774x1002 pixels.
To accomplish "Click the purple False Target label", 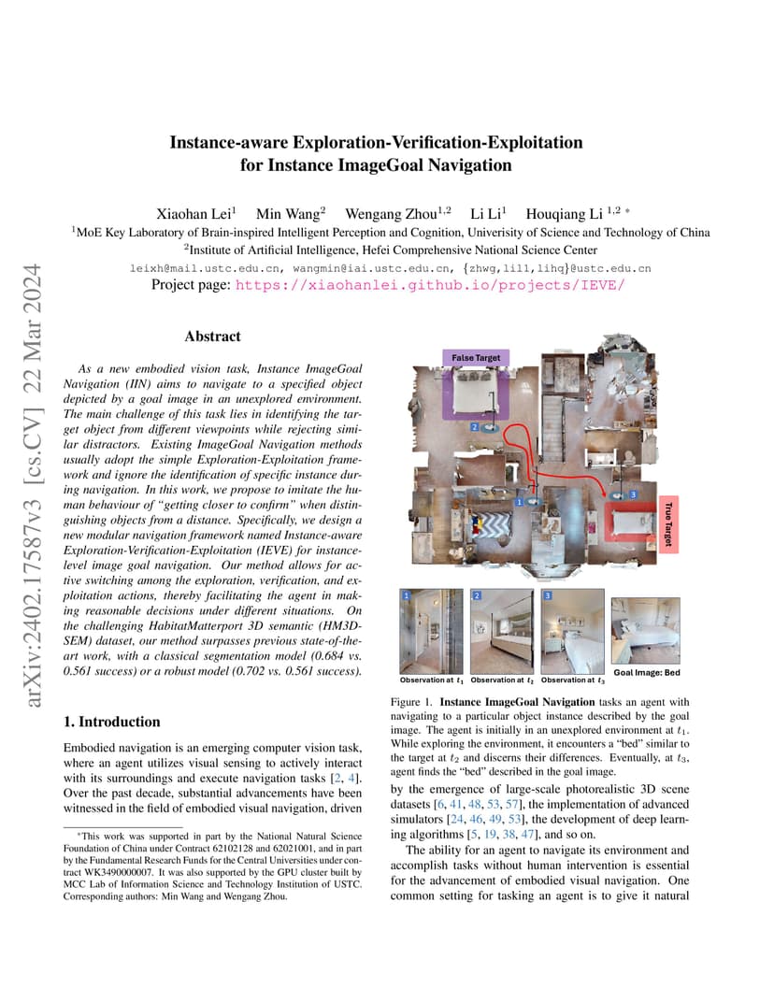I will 476,358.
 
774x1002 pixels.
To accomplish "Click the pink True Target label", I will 667,524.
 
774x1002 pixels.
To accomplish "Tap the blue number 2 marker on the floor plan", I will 475,426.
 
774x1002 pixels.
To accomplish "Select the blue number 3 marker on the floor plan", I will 633,494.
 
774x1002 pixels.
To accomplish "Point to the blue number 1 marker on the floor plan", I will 519,502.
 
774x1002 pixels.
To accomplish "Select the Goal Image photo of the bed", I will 645,631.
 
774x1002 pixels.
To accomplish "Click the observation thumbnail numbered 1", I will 431,632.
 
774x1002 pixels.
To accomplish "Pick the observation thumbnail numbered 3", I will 573,632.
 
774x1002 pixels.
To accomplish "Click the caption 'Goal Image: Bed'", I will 646,672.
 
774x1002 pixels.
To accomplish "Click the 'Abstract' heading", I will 212,336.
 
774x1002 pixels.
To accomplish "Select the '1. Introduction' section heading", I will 110,722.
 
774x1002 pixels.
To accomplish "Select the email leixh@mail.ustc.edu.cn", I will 192,268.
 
